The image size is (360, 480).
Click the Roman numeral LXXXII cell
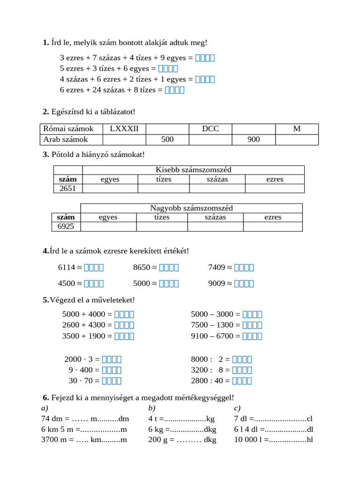coord(124,129)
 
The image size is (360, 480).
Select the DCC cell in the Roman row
coord(210,129)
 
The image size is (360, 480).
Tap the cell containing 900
coord(254,140)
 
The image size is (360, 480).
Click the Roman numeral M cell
coord(297,129)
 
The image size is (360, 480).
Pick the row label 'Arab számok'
coord(66,140)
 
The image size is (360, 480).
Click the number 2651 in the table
coord(68,188)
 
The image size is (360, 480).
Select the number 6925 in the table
coord(66,226)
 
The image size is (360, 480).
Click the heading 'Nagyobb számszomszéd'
coord(191,208)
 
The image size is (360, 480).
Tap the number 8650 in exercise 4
coord(142,268)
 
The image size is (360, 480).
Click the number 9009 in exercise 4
coord(217,284)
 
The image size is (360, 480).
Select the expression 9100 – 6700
coord(216,336)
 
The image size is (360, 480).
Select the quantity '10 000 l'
coord(248,440)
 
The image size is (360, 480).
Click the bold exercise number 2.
coord(45,112)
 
